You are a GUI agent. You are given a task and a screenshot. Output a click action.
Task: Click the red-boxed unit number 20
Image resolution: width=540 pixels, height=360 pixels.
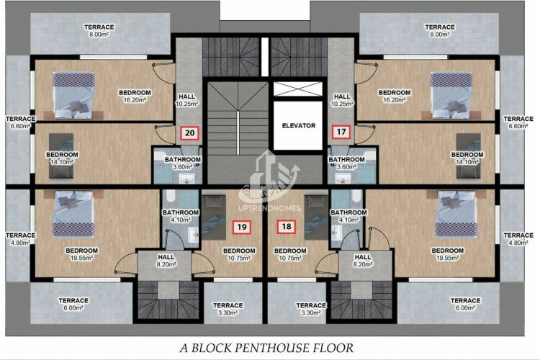coord(190,133)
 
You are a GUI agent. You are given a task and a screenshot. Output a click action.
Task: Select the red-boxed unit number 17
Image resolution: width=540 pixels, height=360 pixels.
coord(341,132)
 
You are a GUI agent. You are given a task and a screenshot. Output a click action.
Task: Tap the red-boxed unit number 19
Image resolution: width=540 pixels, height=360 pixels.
coord(242,227)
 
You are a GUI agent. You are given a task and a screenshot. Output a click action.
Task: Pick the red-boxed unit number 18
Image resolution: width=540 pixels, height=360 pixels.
coord(287,226)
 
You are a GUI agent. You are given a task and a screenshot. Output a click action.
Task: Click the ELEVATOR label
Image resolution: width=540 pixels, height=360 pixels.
coord(299,126)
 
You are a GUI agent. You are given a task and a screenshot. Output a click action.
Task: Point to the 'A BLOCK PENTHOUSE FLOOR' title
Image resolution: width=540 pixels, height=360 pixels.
coord(266,348)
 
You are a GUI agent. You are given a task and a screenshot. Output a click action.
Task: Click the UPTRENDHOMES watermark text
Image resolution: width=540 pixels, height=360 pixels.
coord(270,208)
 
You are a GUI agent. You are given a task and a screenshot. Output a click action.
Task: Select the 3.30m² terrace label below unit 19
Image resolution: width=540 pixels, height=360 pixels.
coord(228,309)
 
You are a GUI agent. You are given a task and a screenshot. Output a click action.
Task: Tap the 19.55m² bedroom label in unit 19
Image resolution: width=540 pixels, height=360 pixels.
coord(81,254)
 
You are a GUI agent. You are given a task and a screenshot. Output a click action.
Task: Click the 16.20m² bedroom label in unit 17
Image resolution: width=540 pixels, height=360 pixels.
coord(395,96)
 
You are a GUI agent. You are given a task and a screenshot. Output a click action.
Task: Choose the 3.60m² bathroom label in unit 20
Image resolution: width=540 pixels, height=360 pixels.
coord(183,163)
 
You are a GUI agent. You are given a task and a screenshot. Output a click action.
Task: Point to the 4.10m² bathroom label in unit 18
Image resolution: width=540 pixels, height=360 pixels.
coord(348,216)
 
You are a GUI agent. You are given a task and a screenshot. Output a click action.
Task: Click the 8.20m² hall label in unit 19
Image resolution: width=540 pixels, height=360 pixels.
coord(166,261)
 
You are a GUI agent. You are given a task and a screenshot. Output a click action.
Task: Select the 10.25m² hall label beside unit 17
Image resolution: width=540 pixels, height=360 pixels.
coord(342,100)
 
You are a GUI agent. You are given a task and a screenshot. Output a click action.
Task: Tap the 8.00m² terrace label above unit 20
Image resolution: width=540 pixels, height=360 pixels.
coord(99,31)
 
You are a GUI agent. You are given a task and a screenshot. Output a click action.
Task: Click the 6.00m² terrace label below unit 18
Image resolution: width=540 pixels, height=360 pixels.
coord(465,304)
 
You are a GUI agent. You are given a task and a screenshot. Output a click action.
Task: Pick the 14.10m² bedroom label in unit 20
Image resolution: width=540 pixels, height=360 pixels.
coord(62,158)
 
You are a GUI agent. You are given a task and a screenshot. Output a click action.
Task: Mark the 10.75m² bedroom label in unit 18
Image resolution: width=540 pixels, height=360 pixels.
coord(290,254)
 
